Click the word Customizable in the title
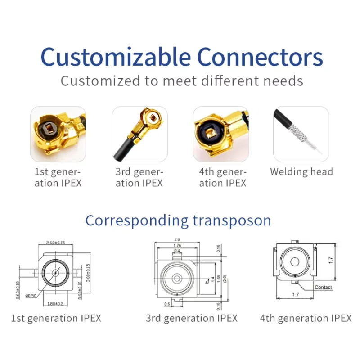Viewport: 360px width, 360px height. click(116, 57)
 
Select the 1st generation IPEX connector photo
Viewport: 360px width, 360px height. click(58, 134)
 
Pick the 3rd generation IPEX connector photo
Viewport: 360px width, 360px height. click(139, 134)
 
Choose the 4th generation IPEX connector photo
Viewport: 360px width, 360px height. click(221, 134)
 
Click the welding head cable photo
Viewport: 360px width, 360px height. click(301, 134)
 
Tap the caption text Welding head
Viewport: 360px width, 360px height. click(301, 171)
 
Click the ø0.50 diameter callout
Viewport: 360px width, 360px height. click(31, 296)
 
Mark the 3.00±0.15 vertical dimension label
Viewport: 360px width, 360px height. click(88, 272)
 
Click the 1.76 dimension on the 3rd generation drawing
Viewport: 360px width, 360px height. click(176, 245)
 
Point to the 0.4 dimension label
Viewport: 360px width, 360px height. click(177, 251)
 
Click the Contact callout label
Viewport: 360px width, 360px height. click(323, 287)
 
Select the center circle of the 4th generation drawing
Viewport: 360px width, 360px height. click(294, 262)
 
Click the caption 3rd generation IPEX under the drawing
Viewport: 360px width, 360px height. click(191, 318)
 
